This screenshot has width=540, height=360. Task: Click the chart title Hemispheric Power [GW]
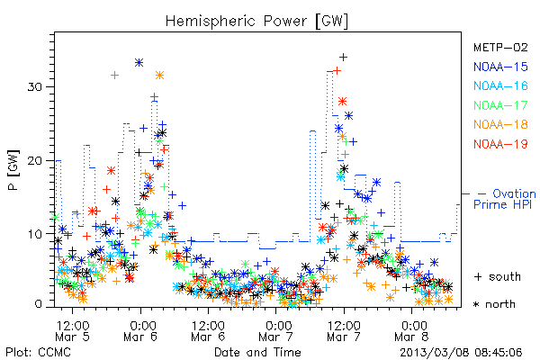(256, 22)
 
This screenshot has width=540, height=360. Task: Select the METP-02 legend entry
(500, 47)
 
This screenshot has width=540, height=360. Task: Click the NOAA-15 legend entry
(500, 67)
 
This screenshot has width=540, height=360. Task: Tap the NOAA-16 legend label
(500, 85)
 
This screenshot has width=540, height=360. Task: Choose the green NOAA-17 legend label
(500, 105)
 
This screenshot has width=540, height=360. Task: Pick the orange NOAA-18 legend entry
(500, 124)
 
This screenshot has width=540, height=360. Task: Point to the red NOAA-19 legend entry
(500, 144)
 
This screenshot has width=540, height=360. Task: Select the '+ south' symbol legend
(498, 276)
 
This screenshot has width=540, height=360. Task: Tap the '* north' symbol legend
(494, 304)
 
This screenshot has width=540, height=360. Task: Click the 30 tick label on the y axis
(34, 86)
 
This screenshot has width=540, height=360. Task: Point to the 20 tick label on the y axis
(34, 160)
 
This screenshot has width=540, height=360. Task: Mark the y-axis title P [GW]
(13, 170)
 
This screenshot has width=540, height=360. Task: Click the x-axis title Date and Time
(257, 353)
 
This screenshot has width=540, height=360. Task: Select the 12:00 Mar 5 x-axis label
(72, 331)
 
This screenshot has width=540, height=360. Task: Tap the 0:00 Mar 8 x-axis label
(412, 331)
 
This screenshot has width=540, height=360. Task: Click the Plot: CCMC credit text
(38, 353)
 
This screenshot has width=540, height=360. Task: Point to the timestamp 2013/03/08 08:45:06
(461, 353)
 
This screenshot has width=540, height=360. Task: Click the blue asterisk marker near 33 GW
(139, 63)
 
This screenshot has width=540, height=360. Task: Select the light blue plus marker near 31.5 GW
(114, 75)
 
